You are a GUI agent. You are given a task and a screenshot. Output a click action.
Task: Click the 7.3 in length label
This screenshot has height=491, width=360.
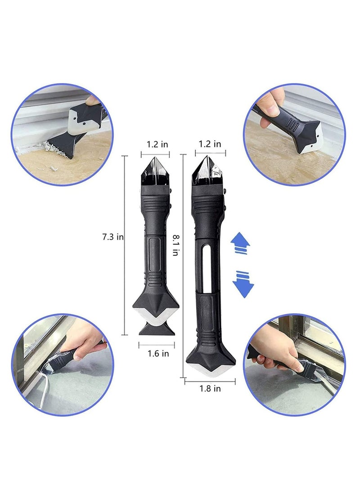[113, 237]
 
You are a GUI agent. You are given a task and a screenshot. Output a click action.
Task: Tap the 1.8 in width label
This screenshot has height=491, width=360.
[210, 388]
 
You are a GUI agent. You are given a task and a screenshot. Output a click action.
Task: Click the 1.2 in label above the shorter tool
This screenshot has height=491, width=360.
[157, 144]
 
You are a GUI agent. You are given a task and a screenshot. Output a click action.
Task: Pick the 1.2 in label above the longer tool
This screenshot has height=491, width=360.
[211, 144]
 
